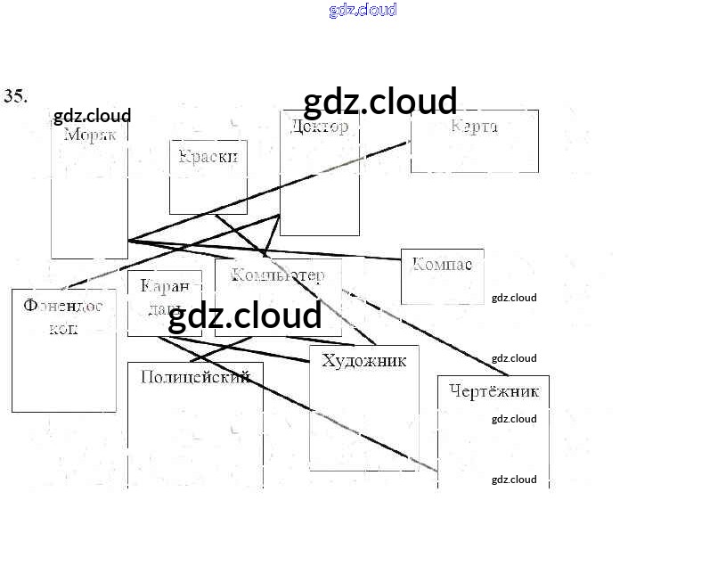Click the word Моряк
tap(90, 135)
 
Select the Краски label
tap(208, 157)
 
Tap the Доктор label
tap(320, 127)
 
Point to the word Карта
tap(474, 126)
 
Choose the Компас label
tap(442, 265)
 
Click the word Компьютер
tap(278, 275)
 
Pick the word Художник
tap(363, 361)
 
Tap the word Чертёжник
tap(494, 391)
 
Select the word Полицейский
tap(195, 377)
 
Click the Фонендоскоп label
tap(63, 316)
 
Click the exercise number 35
tap(15, 96)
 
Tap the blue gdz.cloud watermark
tap(363, 11)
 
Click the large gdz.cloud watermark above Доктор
tap(380, 102)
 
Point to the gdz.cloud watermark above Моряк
tap(92, 116)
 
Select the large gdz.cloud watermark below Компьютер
tap(245, 316)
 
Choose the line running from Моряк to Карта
tap(267, 194)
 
